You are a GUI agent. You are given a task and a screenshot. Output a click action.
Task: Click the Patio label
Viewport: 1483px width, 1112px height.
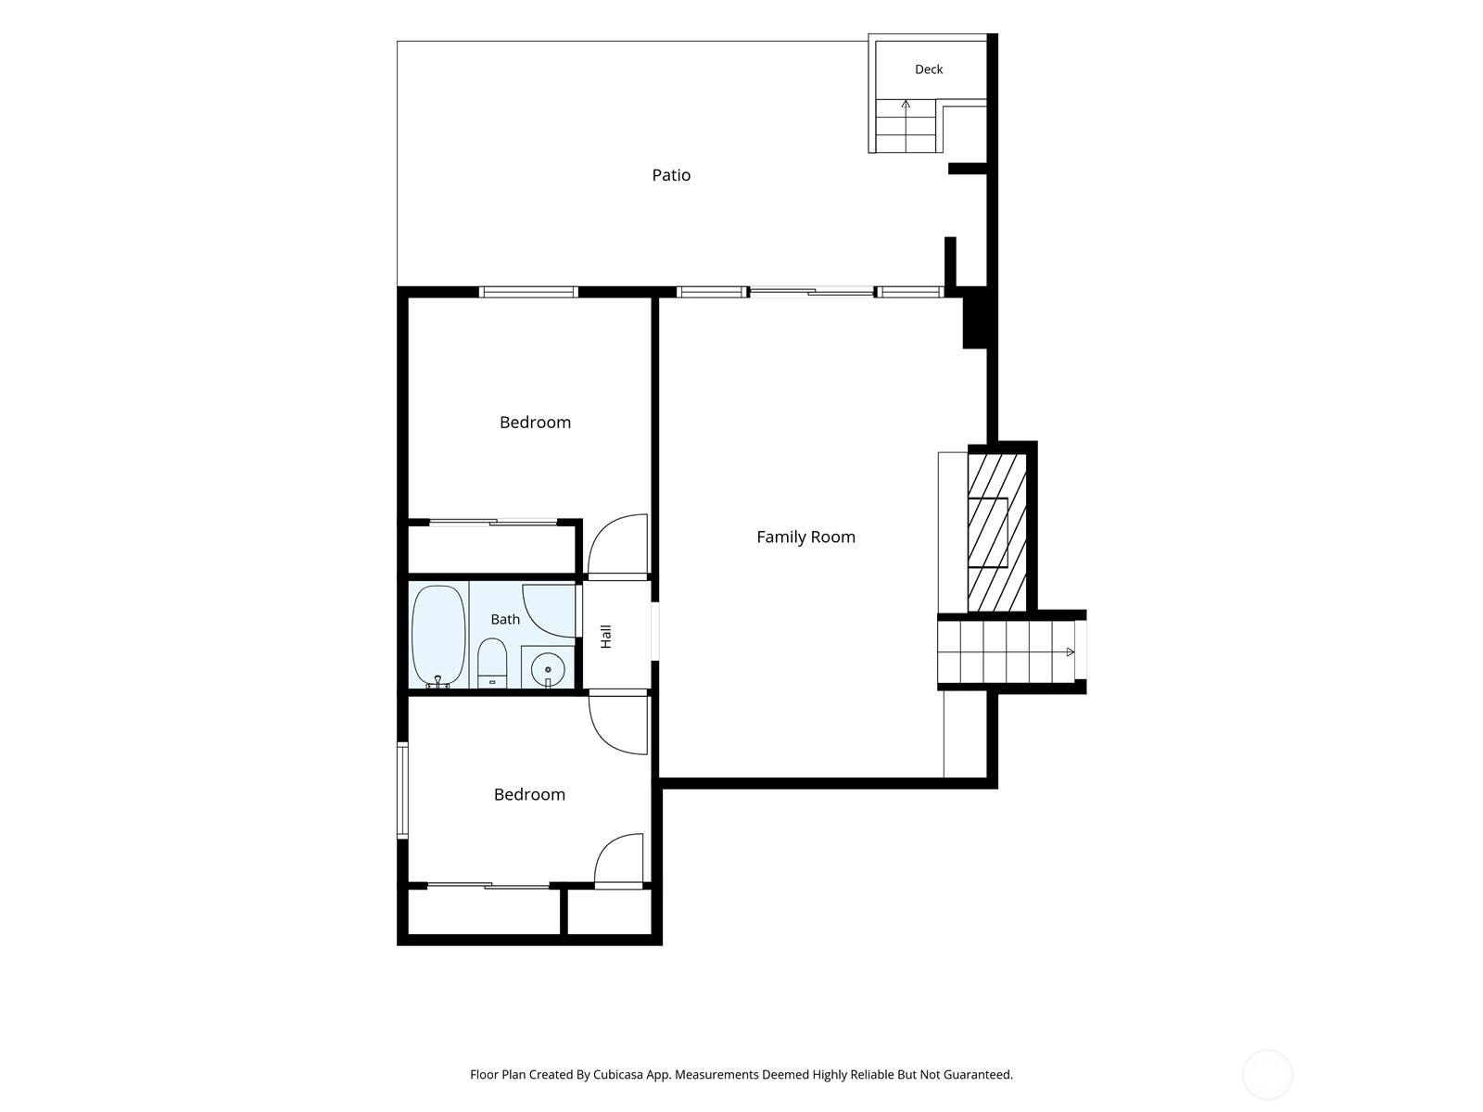coord(670,175)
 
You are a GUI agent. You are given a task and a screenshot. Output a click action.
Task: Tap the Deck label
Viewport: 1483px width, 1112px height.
coord(929,69)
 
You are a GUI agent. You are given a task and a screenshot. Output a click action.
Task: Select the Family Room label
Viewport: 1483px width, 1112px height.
coord(805,537)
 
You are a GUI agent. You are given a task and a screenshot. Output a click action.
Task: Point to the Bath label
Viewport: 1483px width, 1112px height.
coord(505,619)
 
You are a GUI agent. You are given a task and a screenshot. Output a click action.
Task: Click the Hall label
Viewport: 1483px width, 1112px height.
coord(606,637)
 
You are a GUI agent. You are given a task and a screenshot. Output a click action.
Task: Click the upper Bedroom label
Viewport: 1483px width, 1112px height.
coord(535,422)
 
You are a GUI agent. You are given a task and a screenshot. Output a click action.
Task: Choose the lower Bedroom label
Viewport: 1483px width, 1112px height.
coord(529,794)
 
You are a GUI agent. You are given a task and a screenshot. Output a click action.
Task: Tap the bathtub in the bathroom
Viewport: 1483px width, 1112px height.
coord(438,636)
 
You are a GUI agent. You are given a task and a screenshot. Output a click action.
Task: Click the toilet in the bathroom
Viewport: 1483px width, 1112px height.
coord(492,663)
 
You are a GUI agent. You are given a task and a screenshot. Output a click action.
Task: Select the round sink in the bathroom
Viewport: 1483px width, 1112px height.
coord(547,670)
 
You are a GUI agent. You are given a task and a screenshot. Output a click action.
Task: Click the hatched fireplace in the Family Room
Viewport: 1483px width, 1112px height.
coord(997,533)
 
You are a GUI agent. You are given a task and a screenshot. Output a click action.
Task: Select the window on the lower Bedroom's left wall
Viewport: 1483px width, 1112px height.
coord(402,790)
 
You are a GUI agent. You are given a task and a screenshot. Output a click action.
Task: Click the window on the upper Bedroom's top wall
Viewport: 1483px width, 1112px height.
coord(528,292)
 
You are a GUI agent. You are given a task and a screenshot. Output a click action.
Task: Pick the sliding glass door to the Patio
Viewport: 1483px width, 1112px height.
coord(811,292)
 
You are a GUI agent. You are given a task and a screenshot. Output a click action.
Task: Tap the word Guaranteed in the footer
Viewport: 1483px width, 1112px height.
coord(980,1074)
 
